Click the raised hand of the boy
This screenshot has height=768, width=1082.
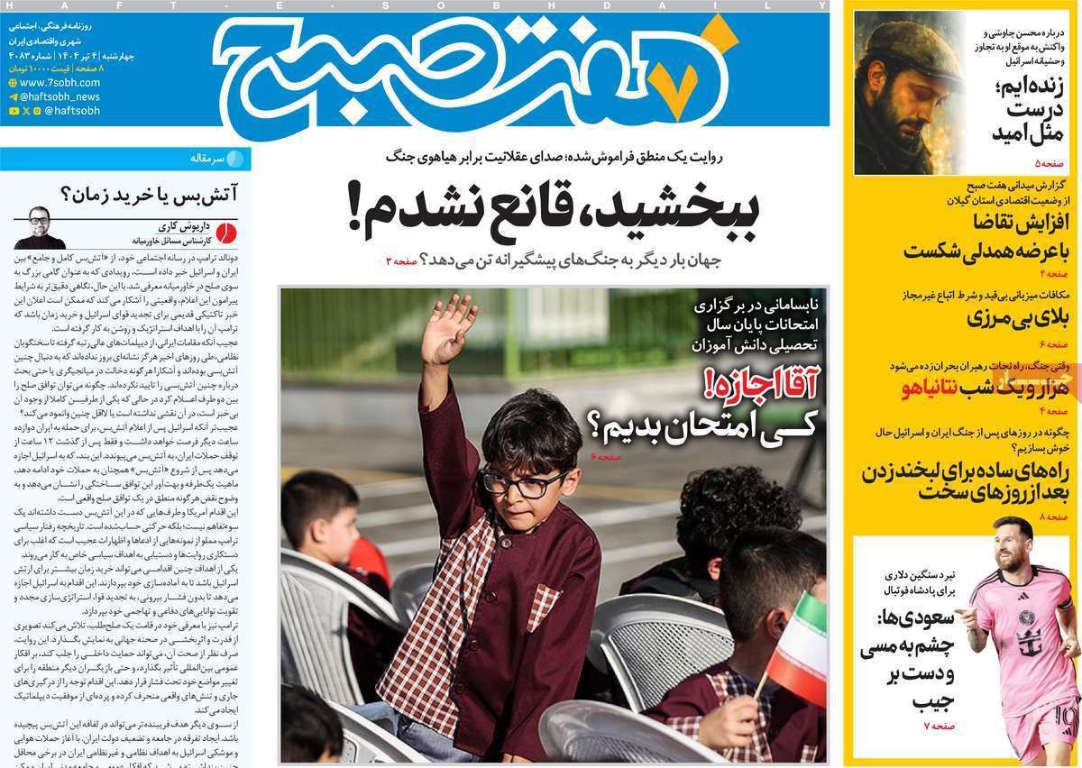(x=448, y=328)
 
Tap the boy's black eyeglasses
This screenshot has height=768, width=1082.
(x=527, y=484)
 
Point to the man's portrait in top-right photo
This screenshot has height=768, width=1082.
(x=906, y=90)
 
